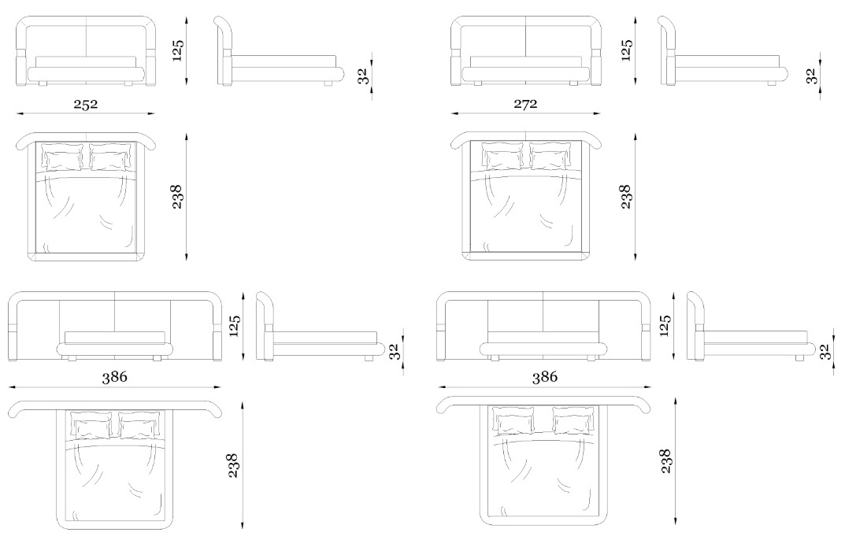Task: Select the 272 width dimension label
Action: [525, 103]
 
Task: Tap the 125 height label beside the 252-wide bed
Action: [179, 50]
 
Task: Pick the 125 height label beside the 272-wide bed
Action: [626, 50]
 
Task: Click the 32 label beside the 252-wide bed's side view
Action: [363, 76]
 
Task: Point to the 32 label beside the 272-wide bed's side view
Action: [812, 76]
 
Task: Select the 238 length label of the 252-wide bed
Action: [177, 197]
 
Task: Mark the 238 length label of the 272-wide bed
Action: [625, 197]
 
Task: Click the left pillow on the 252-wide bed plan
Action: [64, 158]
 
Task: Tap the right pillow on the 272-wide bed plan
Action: [549, 156]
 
